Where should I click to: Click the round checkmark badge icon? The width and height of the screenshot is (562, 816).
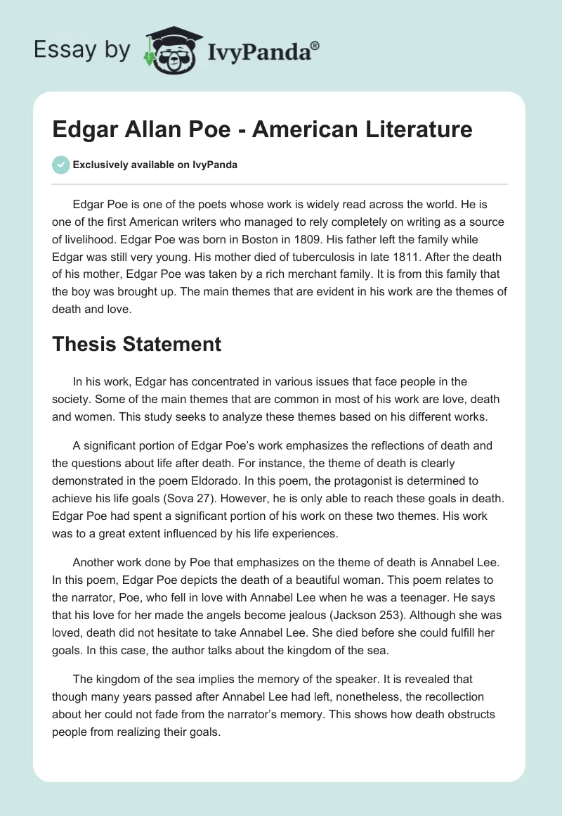click(60, 165)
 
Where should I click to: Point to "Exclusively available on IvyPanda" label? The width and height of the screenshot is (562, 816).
click(155, 165)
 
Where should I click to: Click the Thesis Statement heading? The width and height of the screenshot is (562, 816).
click(137, 344)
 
